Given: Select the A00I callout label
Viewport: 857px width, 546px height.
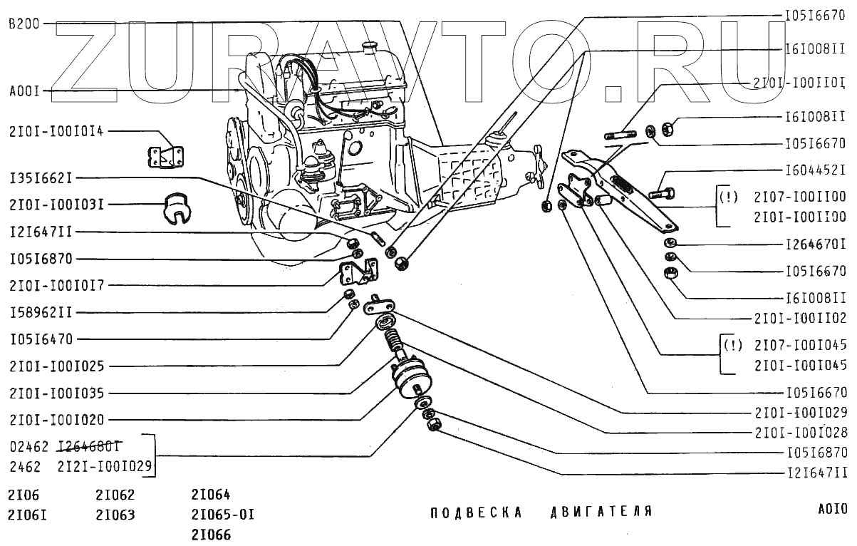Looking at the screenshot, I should pos(24,91).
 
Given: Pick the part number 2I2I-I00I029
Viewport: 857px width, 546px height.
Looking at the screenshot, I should pos(106,467).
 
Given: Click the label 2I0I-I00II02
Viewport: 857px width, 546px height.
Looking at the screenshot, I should pos(800,319).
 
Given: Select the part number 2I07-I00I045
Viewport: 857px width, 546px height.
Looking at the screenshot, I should pos(800,346).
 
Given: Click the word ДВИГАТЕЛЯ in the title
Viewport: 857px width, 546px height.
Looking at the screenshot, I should pos(602,512).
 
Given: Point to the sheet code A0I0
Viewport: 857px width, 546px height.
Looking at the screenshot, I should pos(832,510).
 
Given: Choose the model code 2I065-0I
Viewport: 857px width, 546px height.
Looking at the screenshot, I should pos(222,515).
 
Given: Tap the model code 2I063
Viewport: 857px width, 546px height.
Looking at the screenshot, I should pos(115,515).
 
